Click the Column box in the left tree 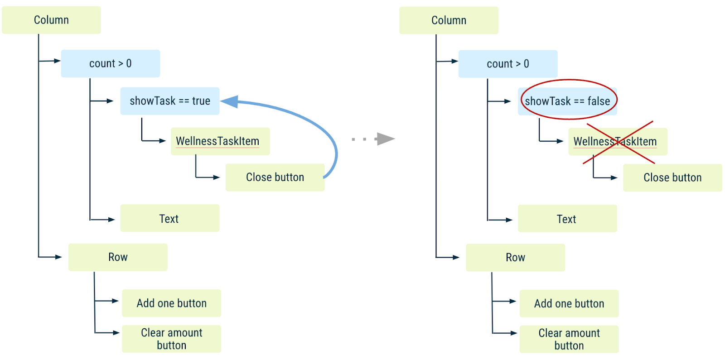[x=51, y=20]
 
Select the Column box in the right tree [x=449, y=20]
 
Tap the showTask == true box [x=170, y=101]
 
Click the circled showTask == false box [x=567, y=101]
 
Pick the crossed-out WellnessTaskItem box [x=618, y=142]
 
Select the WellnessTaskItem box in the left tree [x=220, y=141]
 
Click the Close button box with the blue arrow [x=275, y=178]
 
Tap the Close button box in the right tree [x=672, y=178]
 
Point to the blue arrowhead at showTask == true [x=230, y=101]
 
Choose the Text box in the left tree [x=169, y=218]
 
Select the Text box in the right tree [x=567, y=219]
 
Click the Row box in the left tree [x=118, y=257]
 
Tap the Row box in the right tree [x=515, y=258]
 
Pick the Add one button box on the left [x=171, y=303]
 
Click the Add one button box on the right [x=569, y=304]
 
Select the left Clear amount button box [x=171, y=339]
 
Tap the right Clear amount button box [x=569, y=339]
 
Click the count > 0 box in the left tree [x=110, y=63]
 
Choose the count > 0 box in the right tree [x=507, y=64]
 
